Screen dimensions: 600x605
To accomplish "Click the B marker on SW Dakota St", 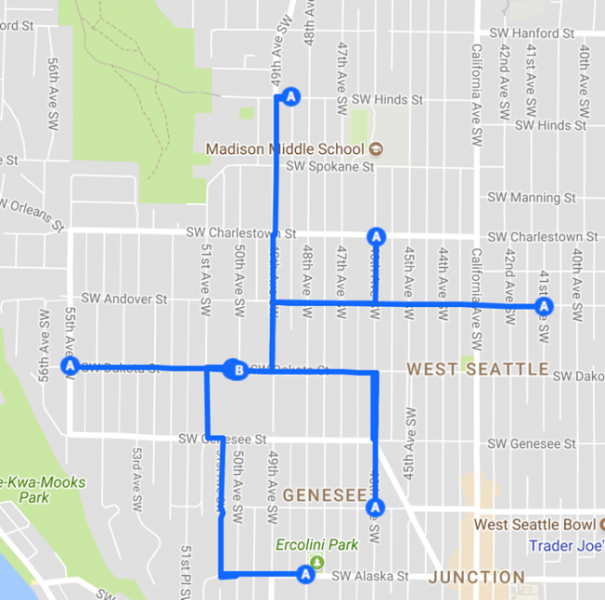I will tap(238, 371).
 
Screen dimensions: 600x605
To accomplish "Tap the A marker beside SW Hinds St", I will tap(291, 96).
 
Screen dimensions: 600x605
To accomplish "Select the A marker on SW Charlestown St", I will tap(376, 236).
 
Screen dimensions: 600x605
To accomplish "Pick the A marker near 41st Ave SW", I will tap(544, 305).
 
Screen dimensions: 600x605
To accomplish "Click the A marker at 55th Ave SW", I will tap(68, 366).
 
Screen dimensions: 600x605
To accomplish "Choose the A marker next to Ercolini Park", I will tap(304, 575).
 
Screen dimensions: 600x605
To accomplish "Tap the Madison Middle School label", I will tap(285, 149).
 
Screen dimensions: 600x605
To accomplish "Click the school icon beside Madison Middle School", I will tap(376, 149).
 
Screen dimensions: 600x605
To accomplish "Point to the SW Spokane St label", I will tap(329, 167).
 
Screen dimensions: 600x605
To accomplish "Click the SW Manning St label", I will tap(532, 198).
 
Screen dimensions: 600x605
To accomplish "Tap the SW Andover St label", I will tap(123, 299).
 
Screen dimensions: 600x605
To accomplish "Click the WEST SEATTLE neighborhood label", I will tap(478, 369).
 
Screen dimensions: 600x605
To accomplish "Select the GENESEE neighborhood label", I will tap(325, 495).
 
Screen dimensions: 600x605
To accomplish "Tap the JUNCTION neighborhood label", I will tap(477, 578).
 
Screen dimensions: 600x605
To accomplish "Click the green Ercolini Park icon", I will tap(318, 562).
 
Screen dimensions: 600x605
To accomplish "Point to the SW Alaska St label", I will tap(371, 577).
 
